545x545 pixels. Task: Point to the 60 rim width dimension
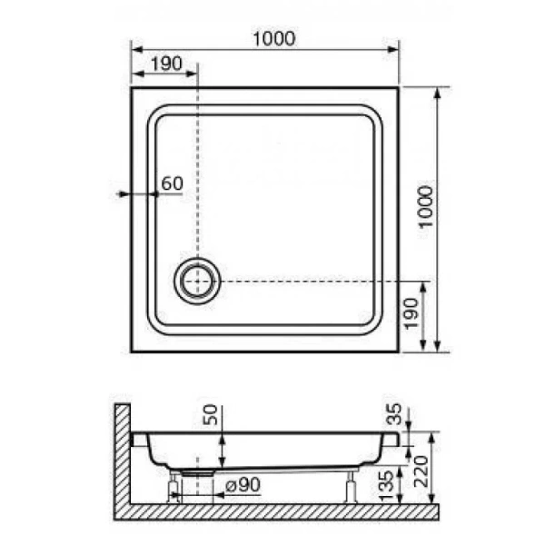pyautogui.click(x=172, y=183)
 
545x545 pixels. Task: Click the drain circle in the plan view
pyautogui.click(x=197, y=282)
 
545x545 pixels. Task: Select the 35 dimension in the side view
pyautogui.click(x=395, y=418)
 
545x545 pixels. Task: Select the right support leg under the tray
pyautogui.click(x=350, y=487)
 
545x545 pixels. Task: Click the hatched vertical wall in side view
pyautogui.click(x=123, y=454)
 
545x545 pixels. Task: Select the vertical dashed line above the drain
pyautogui.click(x=197, y=163)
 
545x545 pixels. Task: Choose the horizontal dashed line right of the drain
pyautogui.click(x=309, y=282)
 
